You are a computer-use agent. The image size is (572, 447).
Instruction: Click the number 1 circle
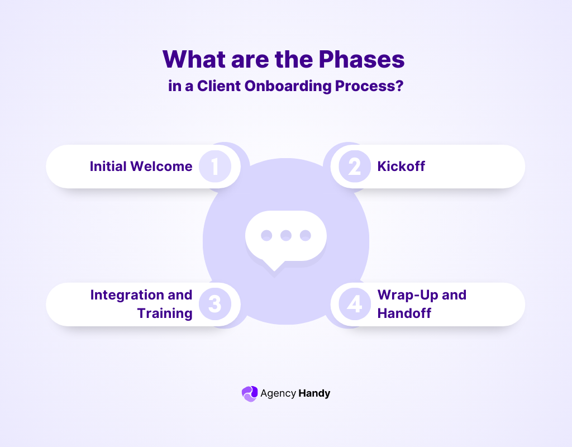215,167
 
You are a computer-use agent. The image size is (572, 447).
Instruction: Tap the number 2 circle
354,167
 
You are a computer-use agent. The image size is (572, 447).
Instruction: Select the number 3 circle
215,305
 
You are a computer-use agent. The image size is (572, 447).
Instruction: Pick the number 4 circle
354,305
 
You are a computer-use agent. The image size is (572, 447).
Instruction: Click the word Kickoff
401,167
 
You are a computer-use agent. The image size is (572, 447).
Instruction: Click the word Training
165,313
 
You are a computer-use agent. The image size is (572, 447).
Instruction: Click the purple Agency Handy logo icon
250,393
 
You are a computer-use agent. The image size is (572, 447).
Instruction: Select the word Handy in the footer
314,393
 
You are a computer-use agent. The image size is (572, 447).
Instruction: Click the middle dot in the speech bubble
286,235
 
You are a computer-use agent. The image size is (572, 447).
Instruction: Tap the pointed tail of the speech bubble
274,270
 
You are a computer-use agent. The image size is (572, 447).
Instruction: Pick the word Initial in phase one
108,167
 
